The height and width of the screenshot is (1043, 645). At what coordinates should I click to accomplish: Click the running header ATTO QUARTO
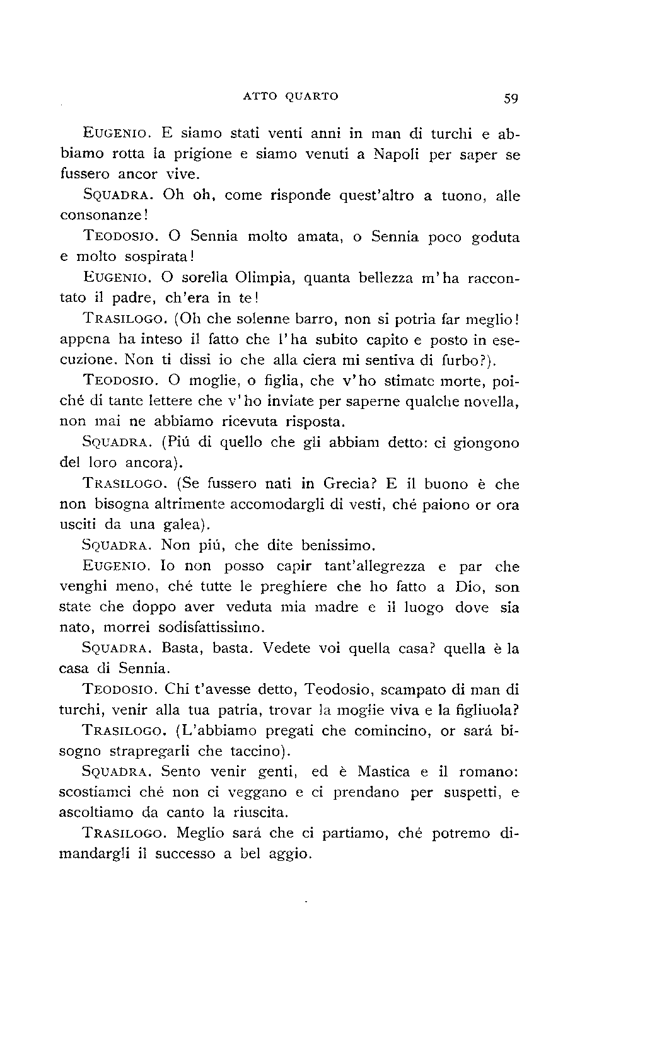click(290, 96)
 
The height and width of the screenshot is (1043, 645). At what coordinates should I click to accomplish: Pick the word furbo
click(457, 360)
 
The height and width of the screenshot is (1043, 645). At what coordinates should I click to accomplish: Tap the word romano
click(486, 771)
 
